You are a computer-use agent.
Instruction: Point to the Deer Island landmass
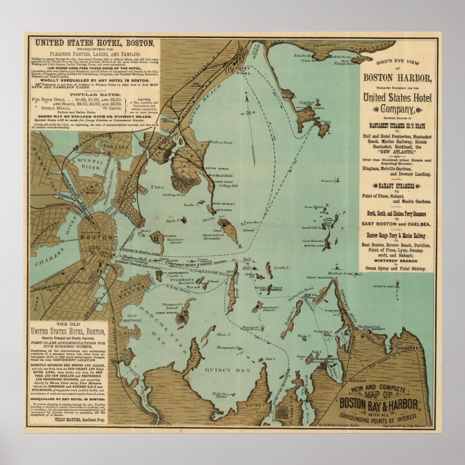pyautogui.click(x=228, y=230)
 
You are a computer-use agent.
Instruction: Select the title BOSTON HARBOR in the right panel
pyautogui.click(x=397, y=78)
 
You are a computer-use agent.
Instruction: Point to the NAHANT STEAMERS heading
pyautogui.click(x=397, y=186)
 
